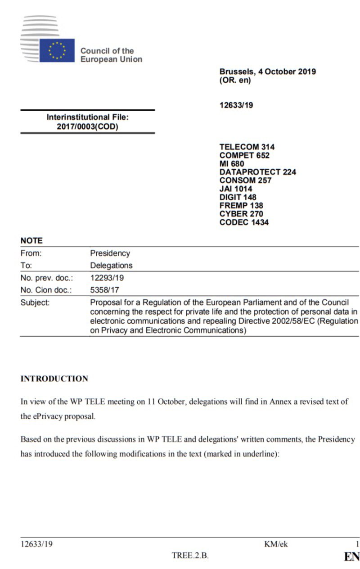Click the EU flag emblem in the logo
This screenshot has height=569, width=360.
[x=57, y=50]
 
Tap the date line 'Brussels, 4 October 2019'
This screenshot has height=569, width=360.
[x=267, y=72]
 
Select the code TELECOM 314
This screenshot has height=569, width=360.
[x=247, y=147]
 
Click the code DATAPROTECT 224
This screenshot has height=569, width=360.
[x=257, y=172]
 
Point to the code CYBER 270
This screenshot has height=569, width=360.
[x=241, y=214]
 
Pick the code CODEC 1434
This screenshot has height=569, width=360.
[x=244, y=222]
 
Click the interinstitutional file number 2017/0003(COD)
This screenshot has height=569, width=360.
[x=87, y=126]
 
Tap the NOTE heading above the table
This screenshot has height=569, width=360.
[x=31, y=241]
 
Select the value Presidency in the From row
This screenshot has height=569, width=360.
[x=110, y=253]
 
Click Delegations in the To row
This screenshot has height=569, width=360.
[x=111, y=266]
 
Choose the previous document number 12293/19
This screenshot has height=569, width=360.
[x=105, y=278]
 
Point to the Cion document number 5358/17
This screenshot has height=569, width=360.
[x=104, y=290]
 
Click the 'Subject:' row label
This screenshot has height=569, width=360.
[x=35, y=303]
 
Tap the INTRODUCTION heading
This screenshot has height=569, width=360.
[x=54, y=379]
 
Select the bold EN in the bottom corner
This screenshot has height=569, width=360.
[x=351, y=557]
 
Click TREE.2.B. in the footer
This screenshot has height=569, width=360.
[x=190, y=555]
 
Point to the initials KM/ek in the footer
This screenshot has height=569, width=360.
[x=276, y=545]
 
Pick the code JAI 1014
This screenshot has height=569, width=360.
[x=236, y=189]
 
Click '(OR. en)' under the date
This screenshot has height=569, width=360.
[x=235, y=81]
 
